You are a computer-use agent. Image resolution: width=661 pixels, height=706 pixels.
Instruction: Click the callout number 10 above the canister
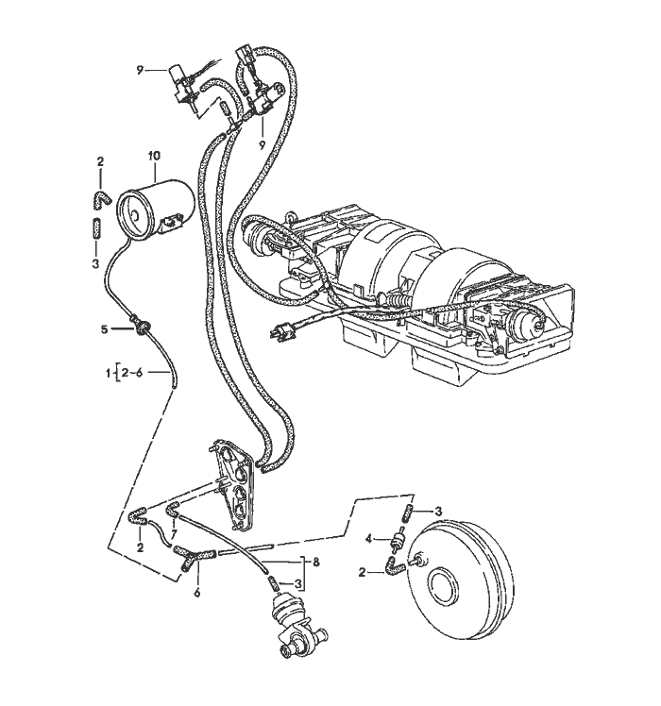(155, 154)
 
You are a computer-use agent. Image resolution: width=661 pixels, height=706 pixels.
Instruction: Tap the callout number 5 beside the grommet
(105, 329)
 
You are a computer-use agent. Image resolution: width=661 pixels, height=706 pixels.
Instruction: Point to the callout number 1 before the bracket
(108, 375)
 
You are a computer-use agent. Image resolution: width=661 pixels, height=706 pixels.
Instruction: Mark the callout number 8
(317, 561)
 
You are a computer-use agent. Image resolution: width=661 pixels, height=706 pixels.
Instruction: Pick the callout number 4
(368, 539)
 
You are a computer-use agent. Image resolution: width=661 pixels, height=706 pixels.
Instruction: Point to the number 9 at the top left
(139, 69)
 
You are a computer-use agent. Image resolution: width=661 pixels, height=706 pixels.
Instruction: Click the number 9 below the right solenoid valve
(261, 144)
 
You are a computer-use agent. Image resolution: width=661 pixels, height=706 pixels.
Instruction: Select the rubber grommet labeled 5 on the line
(141, 327)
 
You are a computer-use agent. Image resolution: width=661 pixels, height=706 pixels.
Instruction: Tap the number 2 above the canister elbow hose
(99, 162)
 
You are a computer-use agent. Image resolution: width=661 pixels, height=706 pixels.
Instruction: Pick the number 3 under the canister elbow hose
(95, 264)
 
